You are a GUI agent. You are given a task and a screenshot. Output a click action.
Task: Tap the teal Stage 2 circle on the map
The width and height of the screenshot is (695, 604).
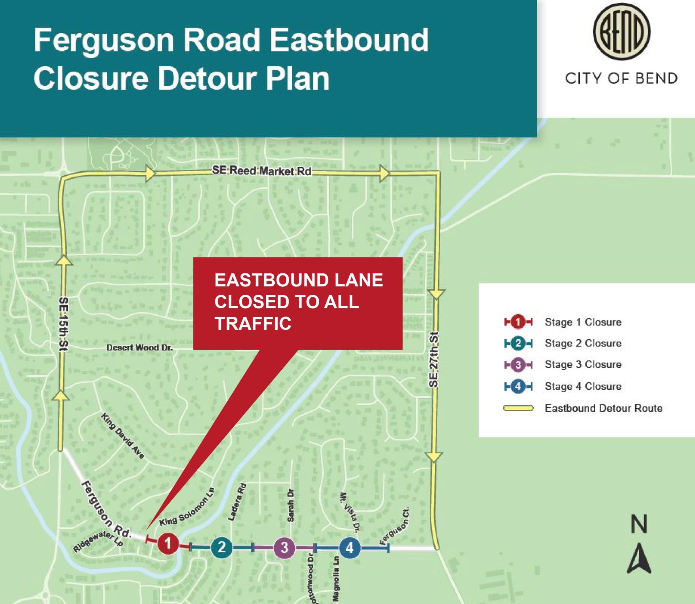[222, 547]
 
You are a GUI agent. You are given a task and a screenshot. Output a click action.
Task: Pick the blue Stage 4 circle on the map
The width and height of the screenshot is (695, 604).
[349, 548]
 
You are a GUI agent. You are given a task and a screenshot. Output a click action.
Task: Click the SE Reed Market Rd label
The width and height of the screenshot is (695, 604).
[261, 171]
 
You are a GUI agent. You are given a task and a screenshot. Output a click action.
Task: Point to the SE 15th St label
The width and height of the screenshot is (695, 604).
[63, 324]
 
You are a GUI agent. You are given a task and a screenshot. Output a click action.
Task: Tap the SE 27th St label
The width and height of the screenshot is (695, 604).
[434, 359]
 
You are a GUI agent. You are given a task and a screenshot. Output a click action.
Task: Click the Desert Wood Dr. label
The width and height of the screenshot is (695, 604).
[139, 348]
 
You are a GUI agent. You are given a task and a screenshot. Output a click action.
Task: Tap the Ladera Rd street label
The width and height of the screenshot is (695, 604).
[237, 502]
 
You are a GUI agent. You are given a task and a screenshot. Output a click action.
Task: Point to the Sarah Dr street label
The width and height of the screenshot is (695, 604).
[290, 506]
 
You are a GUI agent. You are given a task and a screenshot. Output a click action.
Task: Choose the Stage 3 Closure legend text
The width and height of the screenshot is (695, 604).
[583, 364]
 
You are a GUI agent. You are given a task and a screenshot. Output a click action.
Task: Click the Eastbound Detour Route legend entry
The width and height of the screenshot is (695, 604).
[603, 408]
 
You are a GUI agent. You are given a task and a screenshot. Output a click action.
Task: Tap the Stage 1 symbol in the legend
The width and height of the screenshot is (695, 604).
[518, 322]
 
